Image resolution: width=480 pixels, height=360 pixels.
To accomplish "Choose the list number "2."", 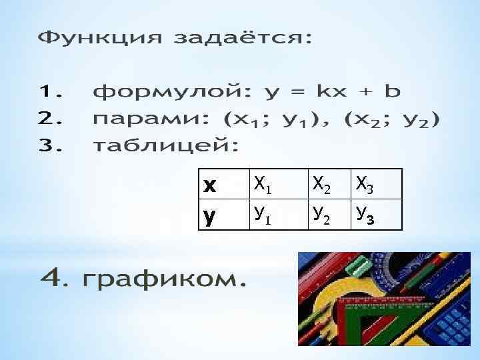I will (51, 120).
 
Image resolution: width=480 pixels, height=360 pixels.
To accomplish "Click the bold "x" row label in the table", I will (210, 185).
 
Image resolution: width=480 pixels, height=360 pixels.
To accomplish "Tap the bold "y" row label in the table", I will (210, 215).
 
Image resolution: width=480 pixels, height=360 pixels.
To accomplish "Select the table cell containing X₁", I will (277, 184).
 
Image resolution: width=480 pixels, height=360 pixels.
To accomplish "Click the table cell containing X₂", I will (329, 184).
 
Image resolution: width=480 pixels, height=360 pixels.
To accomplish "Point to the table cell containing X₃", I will (376, 184).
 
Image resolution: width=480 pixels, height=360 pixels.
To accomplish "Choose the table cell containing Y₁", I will (277, 215).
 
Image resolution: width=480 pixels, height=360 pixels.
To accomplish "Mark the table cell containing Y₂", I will (329, 215).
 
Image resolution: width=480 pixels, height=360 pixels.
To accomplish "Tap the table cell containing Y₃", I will (376, 215).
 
